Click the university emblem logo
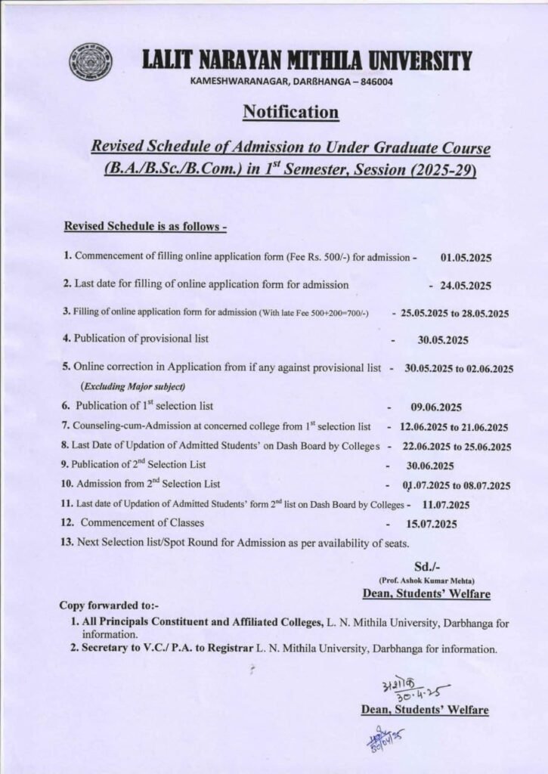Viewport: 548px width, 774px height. (x=91, y=63)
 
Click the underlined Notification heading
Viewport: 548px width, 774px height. (x=290, y=113)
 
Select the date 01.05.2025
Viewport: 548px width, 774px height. (x=466, y=258)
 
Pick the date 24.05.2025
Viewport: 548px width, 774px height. (x=466, y=286)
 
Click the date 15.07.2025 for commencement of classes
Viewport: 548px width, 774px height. (x=432, y=523)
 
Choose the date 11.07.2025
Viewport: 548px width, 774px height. (x=446, y=505)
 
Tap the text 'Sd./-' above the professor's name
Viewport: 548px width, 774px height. (x=426, y=567)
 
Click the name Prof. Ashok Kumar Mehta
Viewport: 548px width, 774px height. (x=426, y=580)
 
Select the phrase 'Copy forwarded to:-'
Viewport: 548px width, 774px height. (x=109, y=605)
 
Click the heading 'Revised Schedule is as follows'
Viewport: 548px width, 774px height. (x=145, y=226)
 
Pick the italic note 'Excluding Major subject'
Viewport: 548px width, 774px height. (x=132, y=386)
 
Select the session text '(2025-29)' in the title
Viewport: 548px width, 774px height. (x=440, y=171)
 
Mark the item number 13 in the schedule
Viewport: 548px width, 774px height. (x=67, y=543)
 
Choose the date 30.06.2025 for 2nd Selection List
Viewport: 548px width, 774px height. (x=430, y=466)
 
